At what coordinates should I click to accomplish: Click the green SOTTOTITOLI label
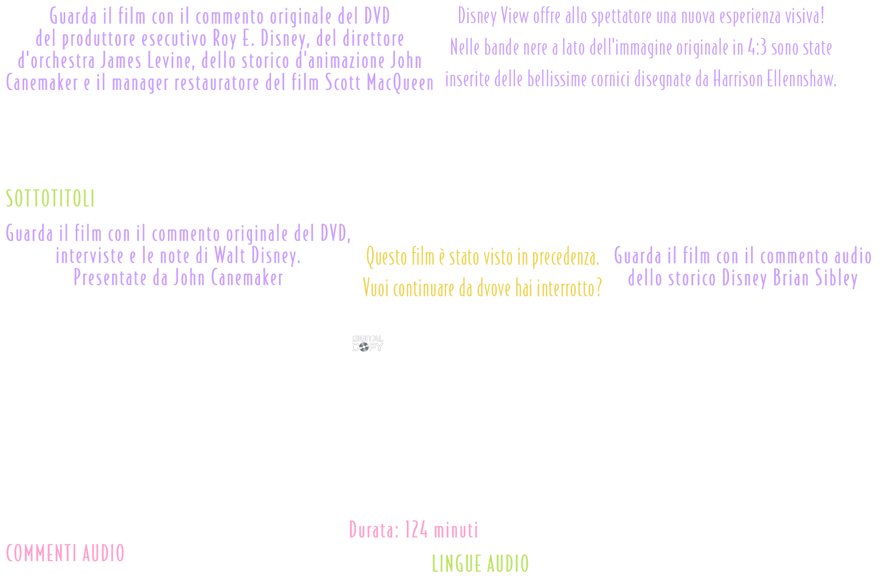[x=51, y=199]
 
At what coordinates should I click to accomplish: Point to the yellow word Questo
[x=386, y=257]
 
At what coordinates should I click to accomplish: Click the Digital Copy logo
[x=367, y=343]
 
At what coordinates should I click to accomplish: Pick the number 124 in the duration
[x=416, y=530]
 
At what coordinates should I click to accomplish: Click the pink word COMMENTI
[x=39, y=554]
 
